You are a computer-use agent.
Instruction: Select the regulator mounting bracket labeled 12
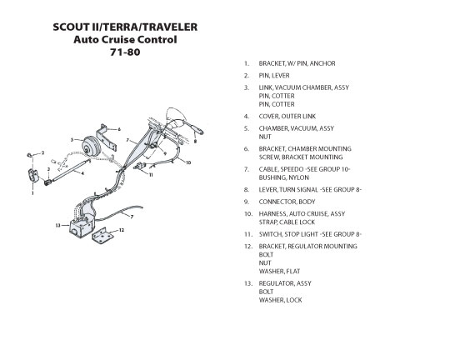(x=102, y=235)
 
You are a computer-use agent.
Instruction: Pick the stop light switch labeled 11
(x=140, y=167)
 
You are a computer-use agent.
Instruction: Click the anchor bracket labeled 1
(x=33, y=175)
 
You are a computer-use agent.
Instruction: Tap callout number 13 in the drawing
(x=58, y=225)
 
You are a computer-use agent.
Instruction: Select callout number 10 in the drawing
(x=188, y=162)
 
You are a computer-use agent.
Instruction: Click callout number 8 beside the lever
(x=195, y=141)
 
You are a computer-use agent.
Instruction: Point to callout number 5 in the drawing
(x=72, y=140)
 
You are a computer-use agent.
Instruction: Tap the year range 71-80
(x=125, y=52)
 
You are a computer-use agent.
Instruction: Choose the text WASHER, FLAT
(x=279, y=272)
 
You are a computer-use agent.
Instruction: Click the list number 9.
(x=247, y=202)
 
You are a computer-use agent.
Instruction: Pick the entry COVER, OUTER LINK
(x=287, y=117)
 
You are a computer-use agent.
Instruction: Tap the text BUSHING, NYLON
(x=284, y=177)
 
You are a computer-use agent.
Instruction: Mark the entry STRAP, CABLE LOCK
(x=287, y=222)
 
